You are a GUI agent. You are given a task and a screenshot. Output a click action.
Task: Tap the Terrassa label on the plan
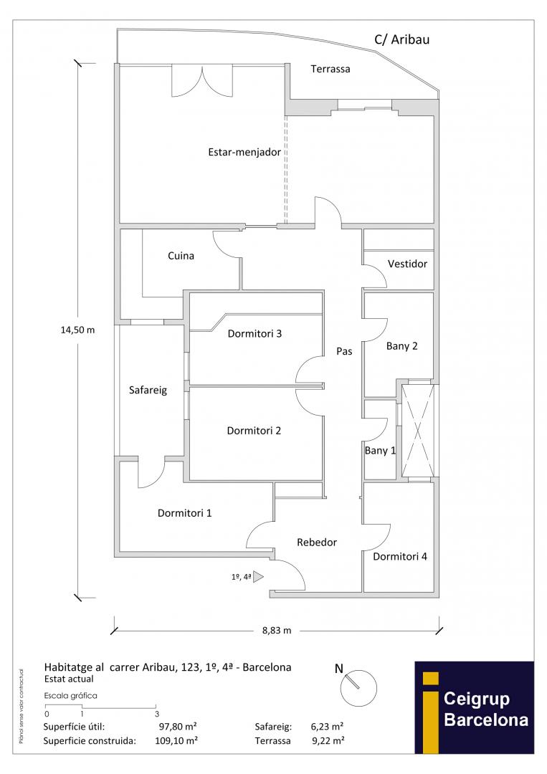pos(330,69)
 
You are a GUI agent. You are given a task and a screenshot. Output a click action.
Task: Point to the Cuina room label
pos(181,255)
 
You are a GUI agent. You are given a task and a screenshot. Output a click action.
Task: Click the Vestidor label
pos(407,264)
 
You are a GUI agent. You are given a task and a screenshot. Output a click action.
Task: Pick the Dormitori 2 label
pos(253,431)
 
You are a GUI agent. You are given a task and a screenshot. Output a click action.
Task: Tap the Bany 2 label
pos(401,345)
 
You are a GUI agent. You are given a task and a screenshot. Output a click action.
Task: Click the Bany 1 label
pos(380,450)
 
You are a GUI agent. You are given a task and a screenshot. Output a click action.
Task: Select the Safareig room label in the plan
pos(148,390)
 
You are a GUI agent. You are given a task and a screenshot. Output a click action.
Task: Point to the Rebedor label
pos(317,543)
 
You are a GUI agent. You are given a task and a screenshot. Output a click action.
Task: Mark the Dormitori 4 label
pos(400,556)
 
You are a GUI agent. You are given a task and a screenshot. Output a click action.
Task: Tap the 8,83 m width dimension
pos(276,631)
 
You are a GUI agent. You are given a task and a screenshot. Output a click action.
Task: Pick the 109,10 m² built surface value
pos(176,740)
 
